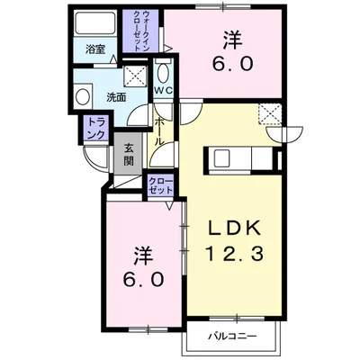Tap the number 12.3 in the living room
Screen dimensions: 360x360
[x=237, y=255]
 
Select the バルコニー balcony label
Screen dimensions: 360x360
[x=237, y=337]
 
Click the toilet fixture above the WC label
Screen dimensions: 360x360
[x=163, y=73]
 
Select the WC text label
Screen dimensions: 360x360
[x=163, y=92]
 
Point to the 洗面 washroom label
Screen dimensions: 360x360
[x=115, y=96]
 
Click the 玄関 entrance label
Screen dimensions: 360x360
[x=129, y=154]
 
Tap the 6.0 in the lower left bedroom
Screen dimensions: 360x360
[x=143, y=280]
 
